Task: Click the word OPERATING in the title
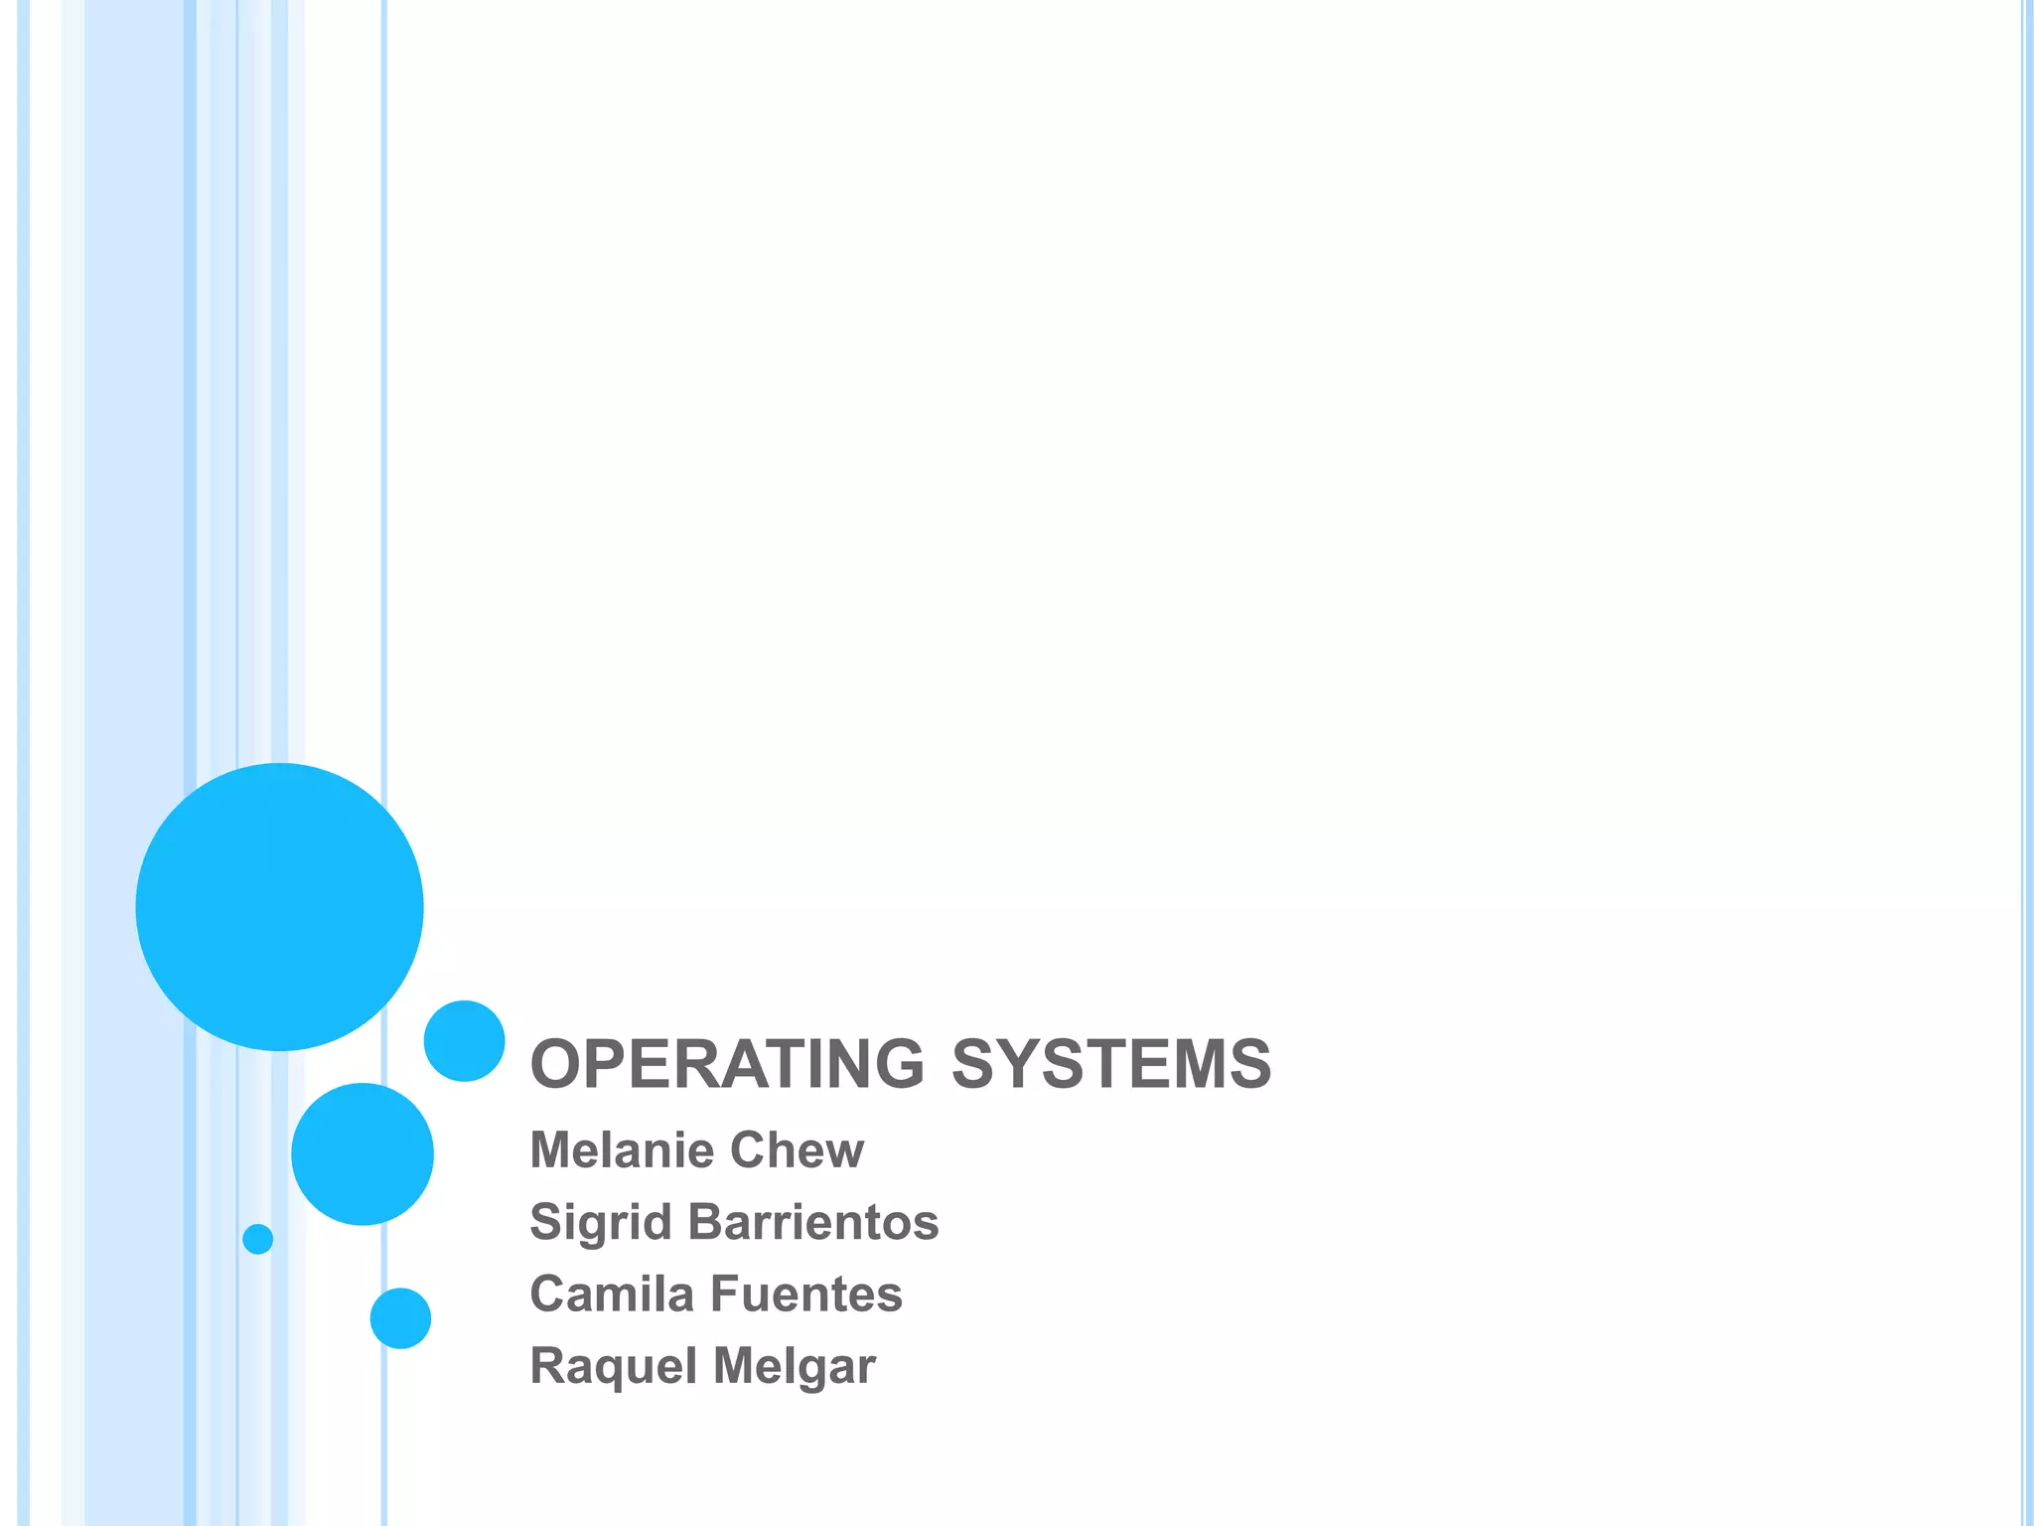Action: tap(727, 1064)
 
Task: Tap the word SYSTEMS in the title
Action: tap(1111, 1064)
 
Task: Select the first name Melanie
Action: tap(622, 1149)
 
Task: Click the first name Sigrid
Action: tap(601, 1222)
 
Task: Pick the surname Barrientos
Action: tap(813, 1222)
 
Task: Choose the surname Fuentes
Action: tap(806, 1294)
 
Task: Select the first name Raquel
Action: tap(613, 1366)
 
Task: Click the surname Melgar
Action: tap(795, 1366)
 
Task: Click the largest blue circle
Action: tap(279, 906)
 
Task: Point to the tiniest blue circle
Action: tap(257, 1239)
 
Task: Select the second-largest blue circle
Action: tap(363, 1153)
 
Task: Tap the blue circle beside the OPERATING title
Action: tap(464, 1040)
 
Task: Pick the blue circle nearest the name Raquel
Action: tap(400, 1318)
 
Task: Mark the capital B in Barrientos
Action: tap(705, 1222)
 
